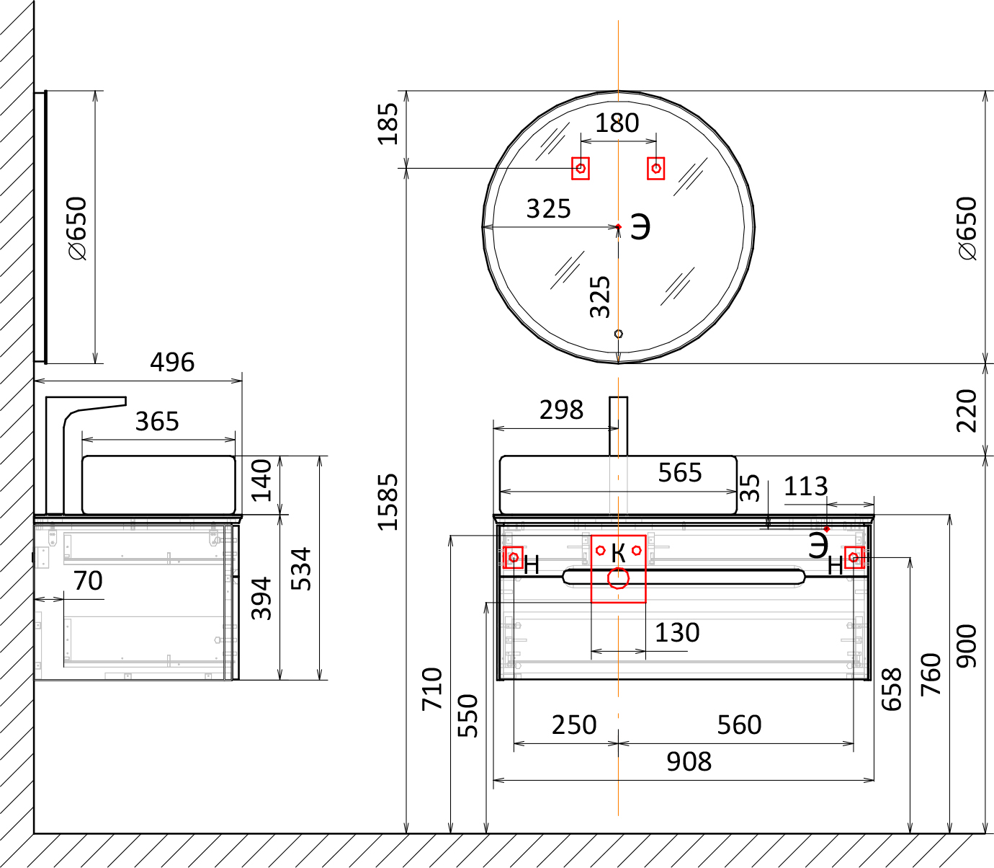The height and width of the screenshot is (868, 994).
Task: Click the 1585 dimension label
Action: click(388, 501)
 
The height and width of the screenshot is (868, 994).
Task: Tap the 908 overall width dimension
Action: click(689, 761)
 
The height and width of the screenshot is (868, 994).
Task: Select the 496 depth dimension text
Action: click(172, 363)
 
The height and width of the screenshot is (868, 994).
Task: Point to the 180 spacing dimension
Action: click(617, 123)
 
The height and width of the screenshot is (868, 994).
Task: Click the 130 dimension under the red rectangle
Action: click(677, 633)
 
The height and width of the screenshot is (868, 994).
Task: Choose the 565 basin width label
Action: click(680, 472)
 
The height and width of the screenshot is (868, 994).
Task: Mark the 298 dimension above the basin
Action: click(561, 410)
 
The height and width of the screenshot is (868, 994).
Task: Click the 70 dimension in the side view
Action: click(88, 580)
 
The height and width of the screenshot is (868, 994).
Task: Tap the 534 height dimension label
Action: click(301, 569)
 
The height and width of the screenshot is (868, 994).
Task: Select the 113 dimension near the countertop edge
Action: click(805, 487)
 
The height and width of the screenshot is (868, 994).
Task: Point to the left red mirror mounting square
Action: click(581, 168)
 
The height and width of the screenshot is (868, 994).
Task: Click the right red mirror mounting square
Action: click(656, 168)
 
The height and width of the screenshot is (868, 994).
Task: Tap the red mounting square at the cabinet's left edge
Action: click(514, 557)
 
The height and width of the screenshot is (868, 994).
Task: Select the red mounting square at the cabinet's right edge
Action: click(854, 557)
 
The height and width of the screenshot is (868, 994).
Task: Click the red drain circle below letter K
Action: click(618, 578)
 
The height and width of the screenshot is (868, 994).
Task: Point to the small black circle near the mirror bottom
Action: click(619, 334)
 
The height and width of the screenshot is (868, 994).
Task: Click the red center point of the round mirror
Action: click(619, 226)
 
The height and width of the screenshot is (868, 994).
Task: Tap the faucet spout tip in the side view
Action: click(125, 401)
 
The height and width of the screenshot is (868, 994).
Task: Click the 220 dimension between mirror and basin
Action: click(967, 410)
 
